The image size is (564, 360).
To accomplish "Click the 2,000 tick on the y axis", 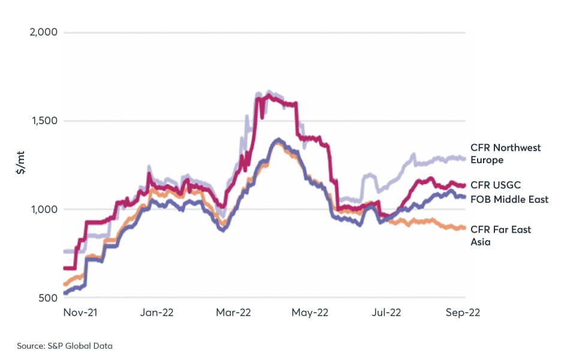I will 43,32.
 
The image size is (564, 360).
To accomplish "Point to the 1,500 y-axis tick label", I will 44,121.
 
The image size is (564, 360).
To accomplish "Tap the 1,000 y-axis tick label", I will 44,209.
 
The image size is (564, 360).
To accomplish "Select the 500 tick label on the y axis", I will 48,298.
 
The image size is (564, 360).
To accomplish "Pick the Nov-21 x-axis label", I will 80,313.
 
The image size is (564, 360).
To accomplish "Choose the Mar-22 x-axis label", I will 233,313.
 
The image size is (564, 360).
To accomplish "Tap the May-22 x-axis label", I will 310,313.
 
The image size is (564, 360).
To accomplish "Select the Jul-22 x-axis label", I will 386,313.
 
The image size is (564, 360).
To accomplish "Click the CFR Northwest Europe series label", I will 505,154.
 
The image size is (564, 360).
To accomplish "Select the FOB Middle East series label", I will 509,199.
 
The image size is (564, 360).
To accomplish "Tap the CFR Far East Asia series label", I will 501,235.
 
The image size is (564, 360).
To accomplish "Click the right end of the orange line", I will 466,228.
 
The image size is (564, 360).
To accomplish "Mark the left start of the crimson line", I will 64,268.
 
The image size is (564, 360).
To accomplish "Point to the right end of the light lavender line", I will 466,159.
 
